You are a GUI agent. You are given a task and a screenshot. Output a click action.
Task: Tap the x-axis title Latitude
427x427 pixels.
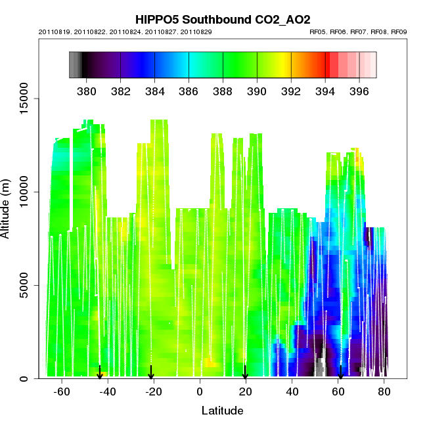tap(222, 411)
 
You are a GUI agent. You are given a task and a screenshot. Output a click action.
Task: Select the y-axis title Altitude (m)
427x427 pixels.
tap(12, 202)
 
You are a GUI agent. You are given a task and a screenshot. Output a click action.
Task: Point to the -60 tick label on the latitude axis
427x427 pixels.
tap(62, 392)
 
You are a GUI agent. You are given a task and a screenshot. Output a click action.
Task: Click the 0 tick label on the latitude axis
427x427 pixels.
tap(200, 392)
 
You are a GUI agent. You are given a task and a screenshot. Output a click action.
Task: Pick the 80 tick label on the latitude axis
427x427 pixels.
tap(384, 392)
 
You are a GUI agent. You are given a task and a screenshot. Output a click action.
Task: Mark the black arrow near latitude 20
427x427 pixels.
tap(245, 372)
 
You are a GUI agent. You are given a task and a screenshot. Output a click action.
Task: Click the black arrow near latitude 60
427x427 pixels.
tap(340, 372)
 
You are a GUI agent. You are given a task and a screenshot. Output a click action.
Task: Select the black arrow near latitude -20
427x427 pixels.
tap(152, 372)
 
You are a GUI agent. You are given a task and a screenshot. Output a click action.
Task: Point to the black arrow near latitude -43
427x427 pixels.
tap(100, 372)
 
